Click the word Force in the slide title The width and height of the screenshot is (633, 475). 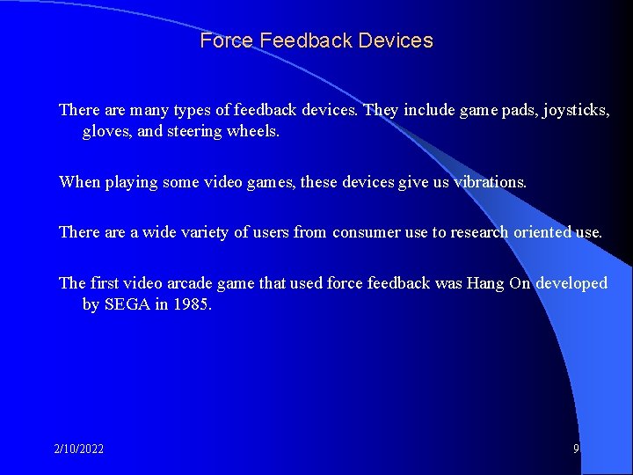tap(226, 41)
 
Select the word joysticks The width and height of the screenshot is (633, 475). tap(577, 111)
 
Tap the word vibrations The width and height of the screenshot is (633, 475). tap(490, 182)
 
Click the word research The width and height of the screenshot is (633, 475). tap(482, 233)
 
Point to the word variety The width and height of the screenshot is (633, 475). tap(203, 233)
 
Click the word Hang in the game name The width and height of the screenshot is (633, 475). tap(485, 283)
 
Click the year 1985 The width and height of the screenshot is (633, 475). tap(193, 304)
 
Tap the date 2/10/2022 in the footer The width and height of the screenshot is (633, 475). tap(78, 449)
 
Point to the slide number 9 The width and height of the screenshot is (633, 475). tap(576, 449)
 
